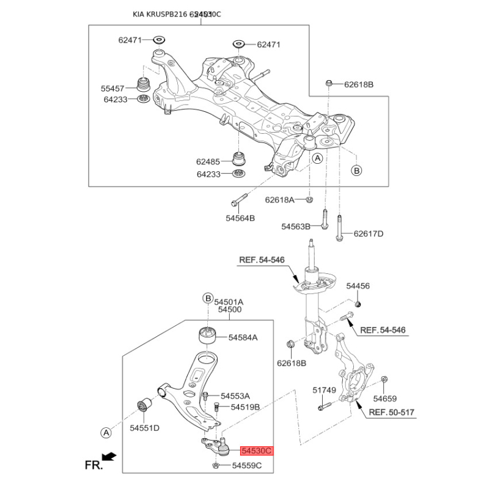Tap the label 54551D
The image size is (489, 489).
pos(144,428)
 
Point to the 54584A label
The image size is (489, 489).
pos(243,337)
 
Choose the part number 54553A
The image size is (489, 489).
pos(235,395)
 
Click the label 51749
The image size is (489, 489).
pos(325,389)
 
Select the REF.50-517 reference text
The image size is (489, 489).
pos(392,413)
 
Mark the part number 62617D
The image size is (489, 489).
pos(369,233)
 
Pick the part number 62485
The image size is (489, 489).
pos(208,162)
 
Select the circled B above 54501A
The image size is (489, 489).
pos(207,298)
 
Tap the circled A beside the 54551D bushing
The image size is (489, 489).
pos(106,433)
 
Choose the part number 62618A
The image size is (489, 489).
pos(280,200)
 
